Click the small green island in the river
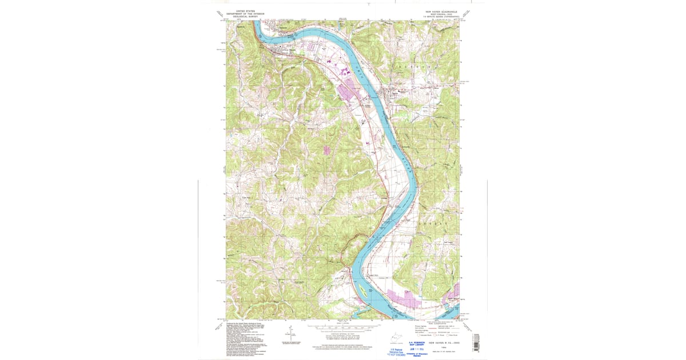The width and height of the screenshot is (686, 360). [362, 292]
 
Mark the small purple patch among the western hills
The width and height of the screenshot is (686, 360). [327, 150]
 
